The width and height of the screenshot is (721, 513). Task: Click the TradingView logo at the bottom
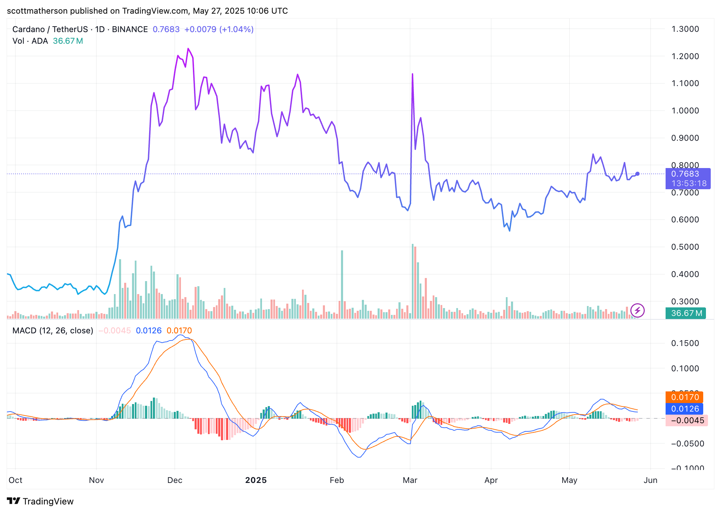40,501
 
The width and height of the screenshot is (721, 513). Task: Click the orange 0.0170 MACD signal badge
684,397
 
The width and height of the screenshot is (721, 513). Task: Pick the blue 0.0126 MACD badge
684,409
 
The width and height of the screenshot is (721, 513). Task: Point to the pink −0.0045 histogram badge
687,420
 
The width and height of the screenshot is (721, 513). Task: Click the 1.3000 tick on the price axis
685,29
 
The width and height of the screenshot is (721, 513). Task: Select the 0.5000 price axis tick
685,247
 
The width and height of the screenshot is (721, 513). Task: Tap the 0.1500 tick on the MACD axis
685,343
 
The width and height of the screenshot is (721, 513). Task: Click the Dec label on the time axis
175,480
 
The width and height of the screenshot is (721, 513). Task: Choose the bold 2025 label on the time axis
256,480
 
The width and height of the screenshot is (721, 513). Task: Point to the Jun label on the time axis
650,480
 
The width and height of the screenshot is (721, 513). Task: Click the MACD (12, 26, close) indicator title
53,331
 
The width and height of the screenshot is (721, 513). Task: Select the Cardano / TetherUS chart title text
50,29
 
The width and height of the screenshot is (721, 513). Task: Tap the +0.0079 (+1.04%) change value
219,29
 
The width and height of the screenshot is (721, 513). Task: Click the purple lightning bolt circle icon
638,310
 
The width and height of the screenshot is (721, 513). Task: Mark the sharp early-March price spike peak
412,74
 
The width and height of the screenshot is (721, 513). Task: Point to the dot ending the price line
638,174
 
